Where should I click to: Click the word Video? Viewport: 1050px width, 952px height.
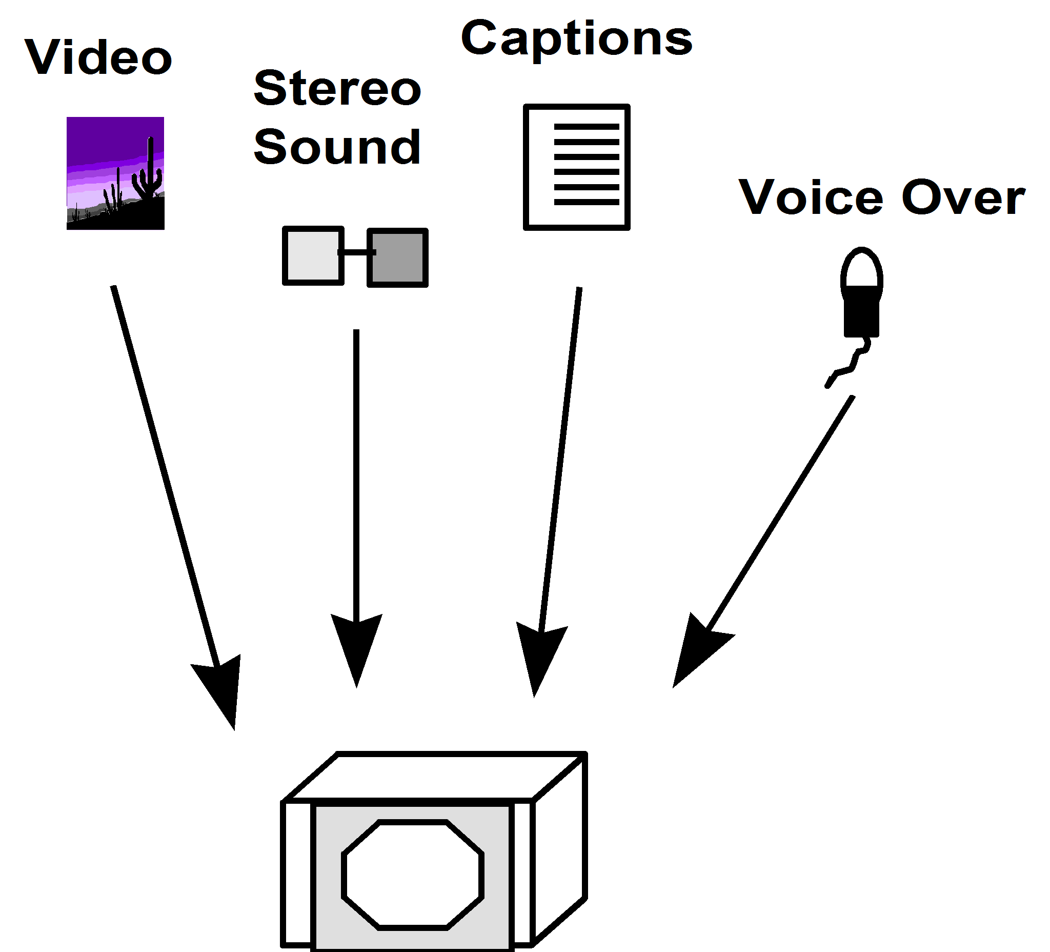click(x=98, y=57)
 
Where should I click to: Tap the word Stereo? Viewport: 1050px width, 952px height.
click(x=337, y=89)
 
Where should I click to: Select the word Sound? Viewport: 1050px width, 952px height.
click(x=337, y=147)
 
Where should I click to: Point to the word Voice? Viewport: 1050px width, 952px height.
click(x=811, y=197)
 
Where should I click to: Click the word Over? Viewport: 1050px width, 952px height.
click(x=963, y=197)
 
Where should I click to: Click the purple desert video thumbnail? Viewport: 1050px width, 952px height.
click(x=115, y=173)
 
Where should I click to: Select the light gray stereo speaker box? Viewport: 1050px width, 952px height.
click(x=313, y=256)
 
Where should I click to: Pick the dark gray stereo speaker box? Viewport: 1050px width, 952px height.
click(x=398, y=257)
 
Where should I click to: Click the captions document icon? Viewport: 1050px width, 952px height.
click(x=577, y=167)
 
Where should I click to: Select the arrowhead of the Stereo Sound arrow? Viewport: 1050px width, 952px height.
click(x=357, y=646)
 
